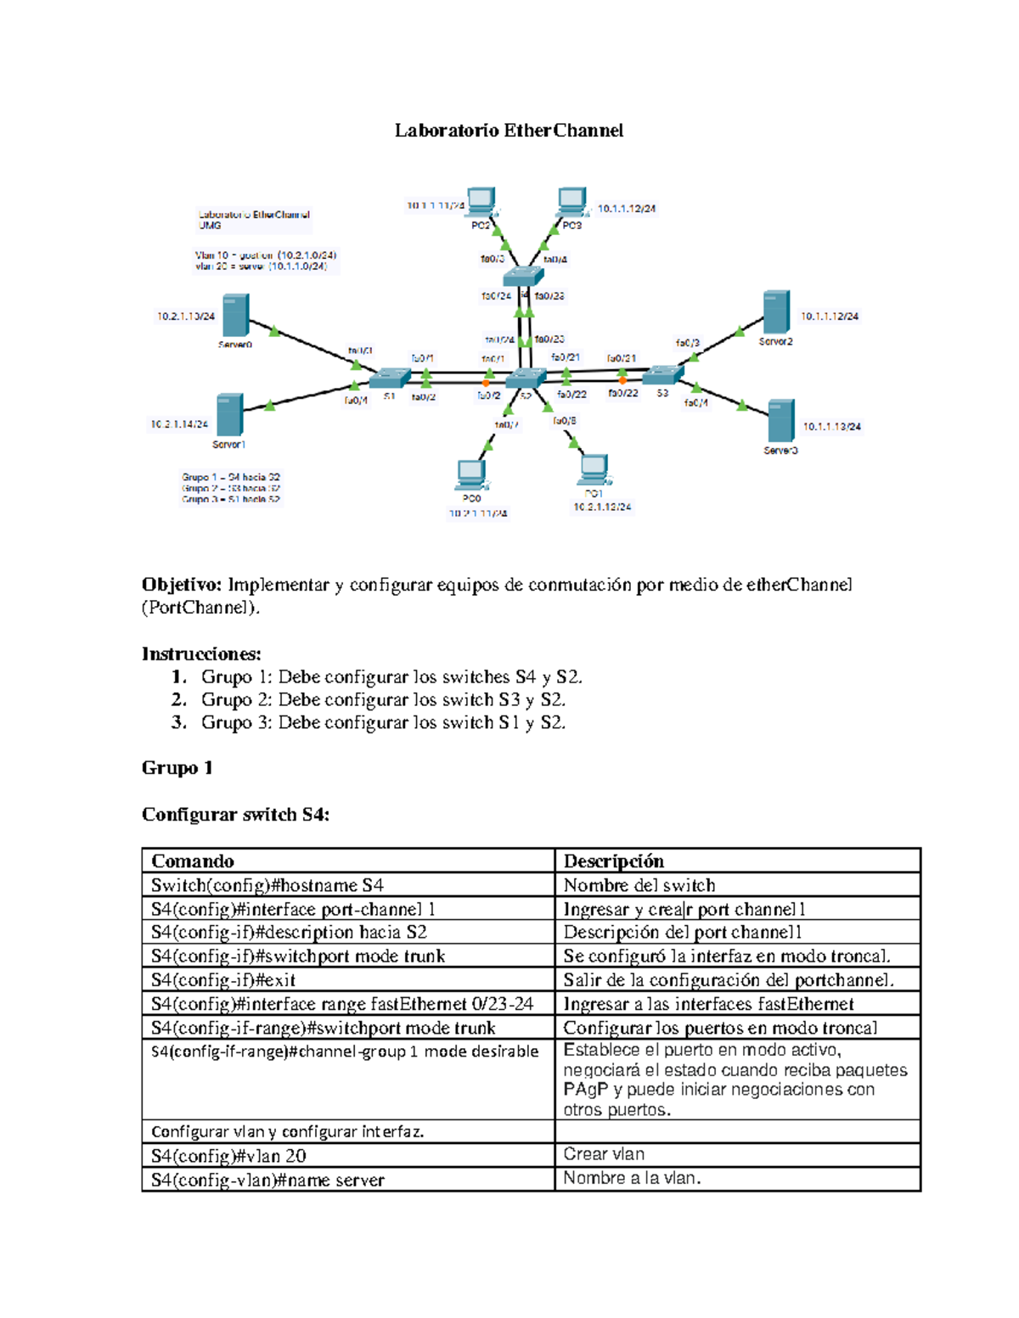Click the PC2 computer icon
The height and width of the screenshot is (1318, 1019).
coord(481,201)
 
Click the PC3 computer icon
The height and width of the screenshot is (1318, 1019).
coord(571,201)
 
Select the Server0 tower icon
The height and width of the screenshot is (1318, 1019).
coord(235,316)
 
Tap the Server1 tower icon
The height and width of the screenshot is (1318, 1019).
coord(229,415)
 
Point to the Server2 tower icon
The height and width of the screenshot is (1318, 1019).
coord(775,312)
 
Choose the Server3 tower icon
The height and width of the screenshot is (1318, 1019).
coord(780,422)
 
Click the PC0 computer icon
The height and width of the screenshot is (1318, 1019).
coord(471,474)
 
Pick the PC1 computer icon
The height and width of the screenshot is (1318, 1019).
coord(594,469)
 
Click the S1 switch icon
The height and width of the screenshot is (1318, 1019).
coord(391,376)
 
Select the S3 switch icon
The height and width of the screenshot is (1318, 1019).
coord(662,373)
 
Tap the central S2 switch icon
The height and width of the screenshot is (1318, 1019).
coord(526,379)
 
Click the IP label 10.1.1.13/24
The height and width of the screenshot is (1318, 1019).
coord(831,427)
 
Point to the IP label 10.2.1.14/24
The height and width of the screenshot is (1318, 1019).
coord(179,424)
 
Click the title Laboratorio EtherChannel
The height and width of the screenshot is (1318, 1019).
coord(509,131)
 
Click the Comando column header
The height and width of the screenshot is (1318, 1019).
coord(193,861)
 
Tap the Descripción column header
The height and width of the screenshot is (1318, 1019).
coord(614,861)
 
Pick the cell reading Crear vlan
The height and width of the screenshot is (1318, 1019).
coord(604,1154)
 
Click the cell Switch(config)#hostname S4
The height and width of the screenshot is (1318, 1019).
coord(267,885)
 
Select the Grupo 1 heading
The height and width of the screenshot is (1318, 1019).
coord(177,768)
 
